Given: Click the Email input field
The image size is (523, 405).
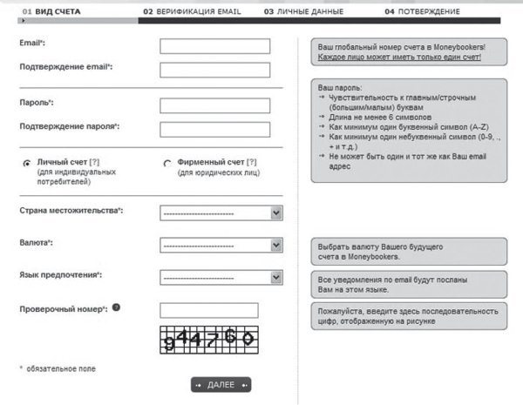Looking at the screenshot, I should (x=215, y=46).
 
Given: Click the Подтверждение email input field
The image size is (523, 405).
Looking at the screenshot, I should (x=215, y=70).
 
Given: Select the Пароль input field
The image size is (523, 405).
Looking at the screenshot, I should (x=215, y=105).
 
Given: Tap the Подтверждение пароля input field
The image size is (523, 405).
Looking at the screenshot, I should (x=215, y=129).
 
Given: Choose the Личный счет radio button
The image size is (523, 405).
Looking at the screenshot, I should (x=27, y=163).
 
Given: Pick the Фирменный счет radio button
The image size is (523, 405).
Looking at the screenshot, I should (x=167, y=163).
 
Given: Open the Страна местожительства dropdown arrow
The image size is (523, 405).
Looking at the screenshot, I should (x=276, y=212).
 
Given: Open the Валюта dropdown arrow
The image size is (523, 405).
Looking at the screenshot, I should (x=276, y=245).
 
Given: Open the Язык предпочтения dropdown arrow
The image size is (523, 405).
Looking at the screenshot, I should (x=276, y=277).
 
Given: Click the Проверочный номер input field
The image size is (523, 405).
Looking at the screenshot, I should (x=209, y=310).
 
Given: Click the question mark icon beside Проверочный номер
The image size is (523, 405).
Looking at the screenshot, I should (x=116, y=307).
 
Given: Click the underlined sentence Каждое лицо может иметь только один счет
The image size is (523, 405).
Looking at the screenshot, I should (x=398, y=57).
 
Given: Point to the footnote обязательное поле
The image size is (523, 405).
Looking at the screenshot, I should (x=62, y=369).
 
